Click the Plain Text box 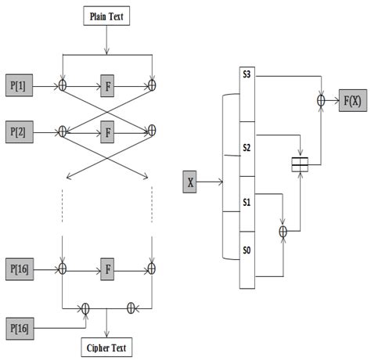106,16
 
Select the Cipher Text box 106,346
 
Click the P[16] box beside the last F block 21,268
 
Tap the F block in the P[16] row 106,268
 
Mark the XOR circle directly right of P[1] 62,83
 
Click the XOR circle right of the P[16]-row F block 152,268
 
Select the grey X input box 190,183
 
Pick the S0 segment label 246,251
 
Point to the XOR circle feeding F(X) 320,100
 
